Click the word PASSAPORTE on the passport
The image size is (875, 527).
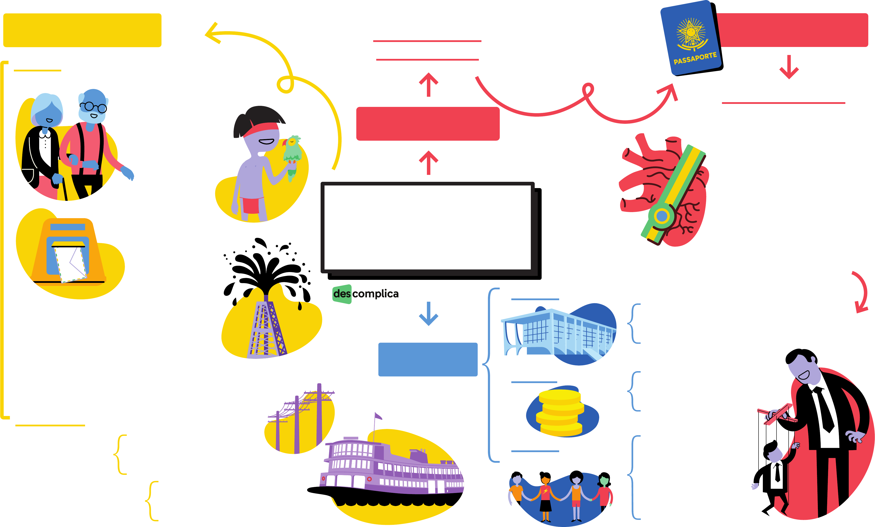(695, 58)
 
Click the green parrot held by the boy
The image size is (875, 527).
(292, 155)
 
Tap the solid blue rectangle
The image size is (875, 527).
(428, 359)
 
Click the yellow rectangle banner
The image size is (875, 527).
(82, 30)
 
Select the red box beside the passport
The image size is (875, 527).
(792, 30)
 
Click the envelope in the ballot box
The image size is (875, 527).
(71, 263)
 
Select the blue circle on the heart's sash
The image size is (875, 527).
(662, 216)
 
